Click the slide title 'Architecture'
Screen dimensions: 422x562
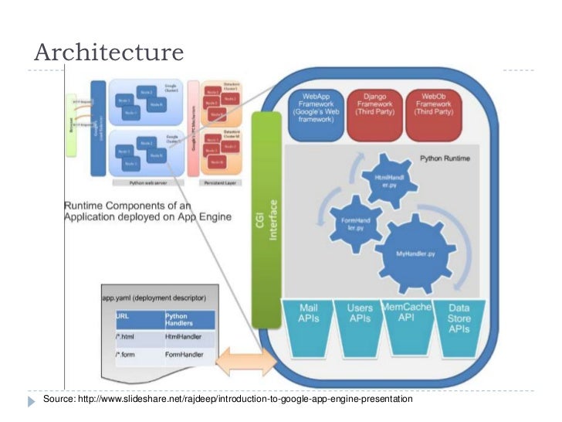click(109, 52)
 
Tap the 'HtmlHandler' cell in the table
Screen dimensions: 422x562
click(181, 336)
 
